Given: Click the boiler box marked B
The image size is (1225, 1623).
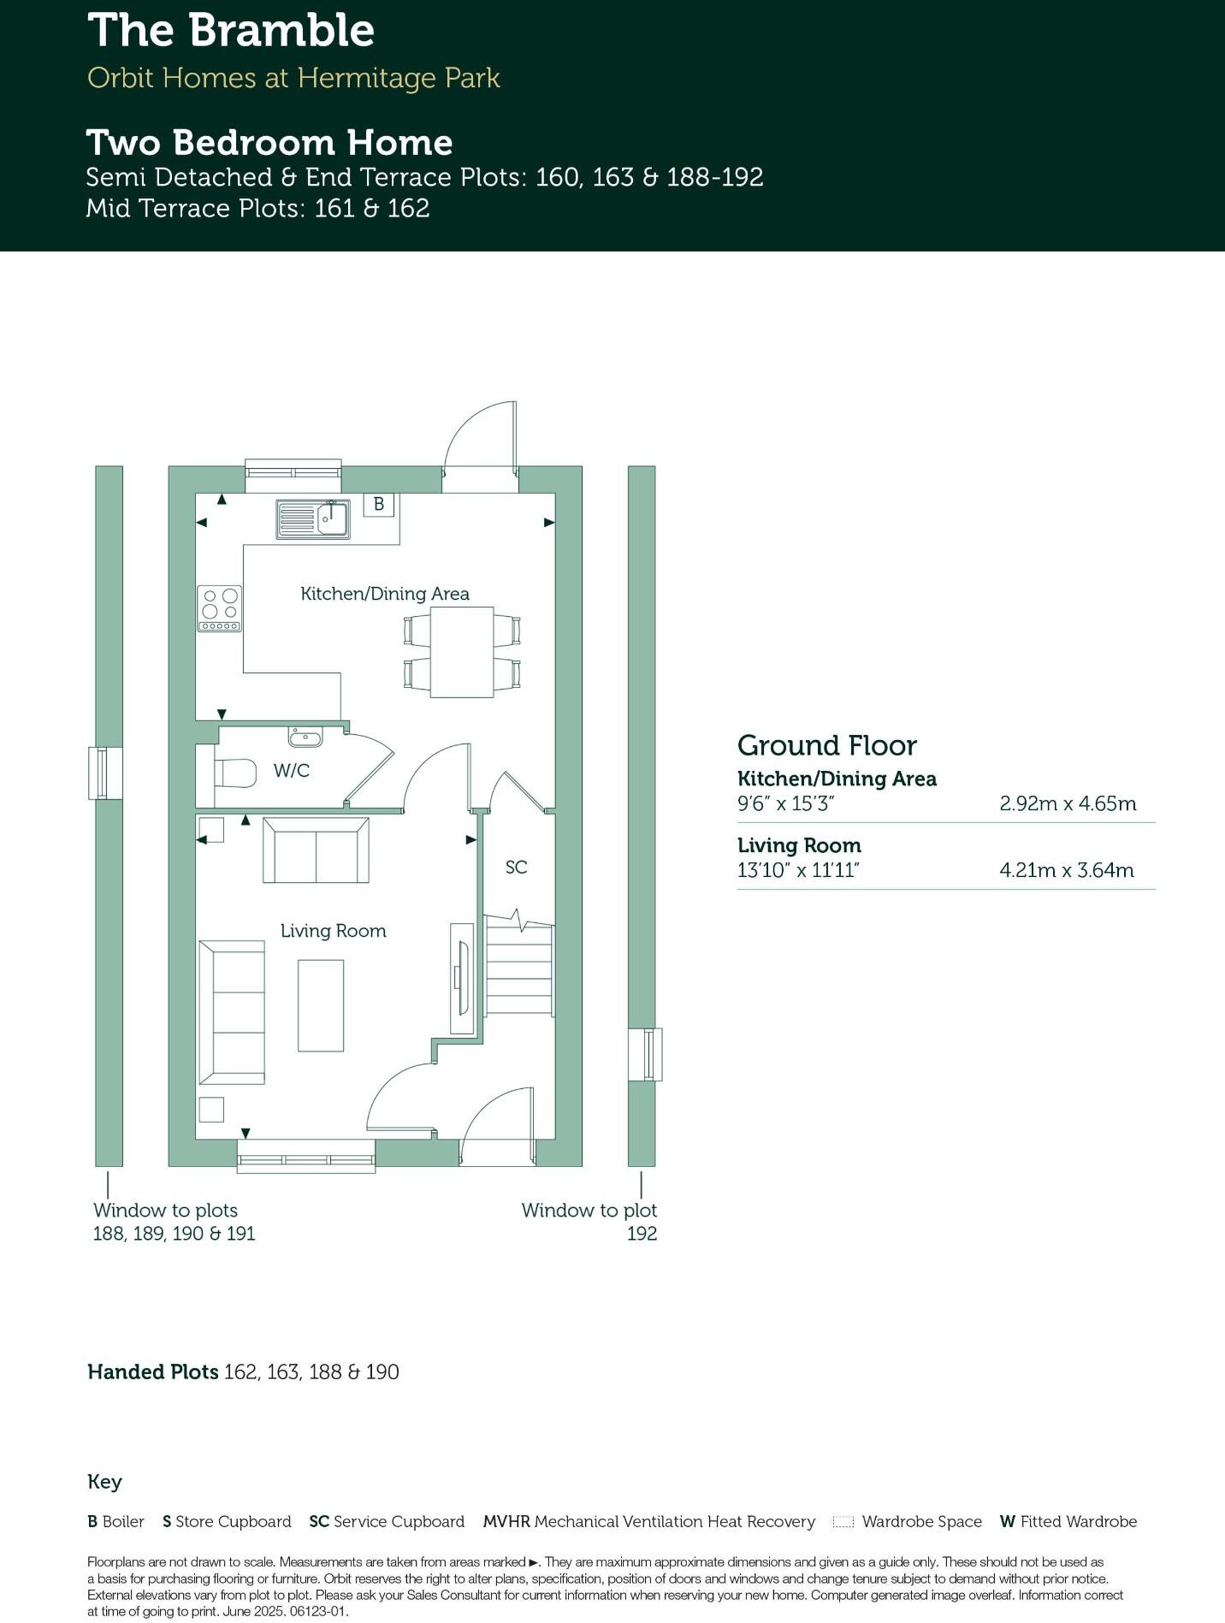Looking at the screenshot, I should (x=379, y=504).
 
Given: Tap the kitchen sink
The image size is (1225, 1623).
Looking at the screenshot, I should (x=313, y=519).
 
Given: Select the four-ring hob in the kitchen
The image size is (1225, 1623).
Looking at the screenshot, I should (x=220, y=608).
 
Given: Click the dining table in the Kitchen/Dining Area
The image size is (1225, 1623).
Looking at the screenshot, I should (x=462, y=651).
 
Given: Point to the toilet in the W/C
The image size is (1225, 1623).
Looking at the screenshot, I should (x=234, y=773).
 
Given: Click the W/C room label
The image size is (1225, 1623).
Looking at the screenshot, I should (x=291, y=771).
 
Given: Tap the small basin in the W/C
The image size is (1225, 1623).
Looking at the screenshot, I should (x=304, y=737).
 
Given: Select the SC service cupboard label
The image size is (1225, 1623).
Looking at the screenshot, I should (x=516, y=868).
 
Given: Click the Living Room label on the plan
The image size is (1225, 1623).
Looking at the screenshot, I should (x=333, y=931).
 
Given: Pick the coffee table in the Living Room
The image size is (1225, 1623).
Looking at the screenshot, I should (x=321, y=1005).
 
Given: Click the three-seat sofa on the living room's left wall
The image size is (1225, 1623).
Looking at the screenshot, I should (x=232, y=1012).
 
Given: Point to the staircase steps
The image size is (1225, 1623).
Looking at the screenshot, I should (x=519, y=966).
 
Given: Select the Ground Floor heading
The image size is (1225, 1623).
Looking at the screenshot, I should (x=826, y=745).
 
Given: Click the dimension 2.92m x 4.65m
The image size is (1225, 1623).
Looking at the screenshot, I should (x=1068, y=803).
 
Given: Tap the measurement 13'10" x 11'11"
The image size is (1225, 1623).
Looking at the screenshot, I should (x=797, y=871).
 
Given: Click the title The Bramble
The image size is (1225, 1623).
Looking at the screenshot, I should (x=231, y=31).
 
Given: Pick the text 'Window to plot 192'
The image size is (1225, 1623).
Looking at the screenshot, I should (x=589, y=1221).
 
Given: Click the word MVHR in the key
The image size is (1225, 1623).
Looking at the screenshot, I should (x=506, y=1521).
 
